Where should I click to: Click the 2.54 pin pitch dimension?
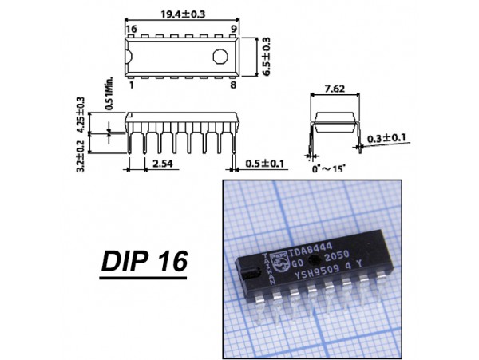(x=161, y=164)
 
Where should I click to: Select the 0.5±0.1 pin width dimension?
(x=266, y=164)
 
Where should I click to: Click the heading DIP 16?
(x=142, y=263)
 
